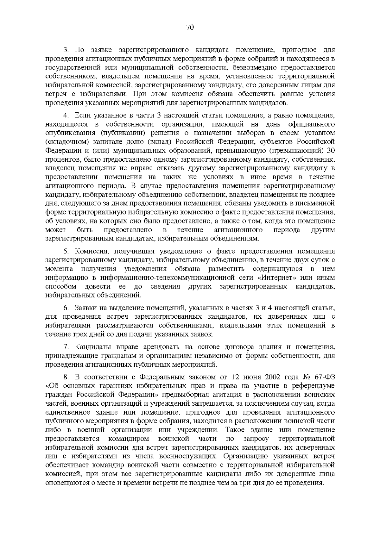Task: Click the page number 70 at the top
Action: click(190, 28)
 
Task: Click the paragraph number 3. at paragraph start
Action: click(66, 50)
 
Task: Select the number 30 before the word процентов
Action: click(330, 150)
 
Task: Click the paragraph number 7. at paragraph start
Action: click(66, 347)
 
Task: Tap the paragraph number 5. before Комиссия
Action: click(66, 251)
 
